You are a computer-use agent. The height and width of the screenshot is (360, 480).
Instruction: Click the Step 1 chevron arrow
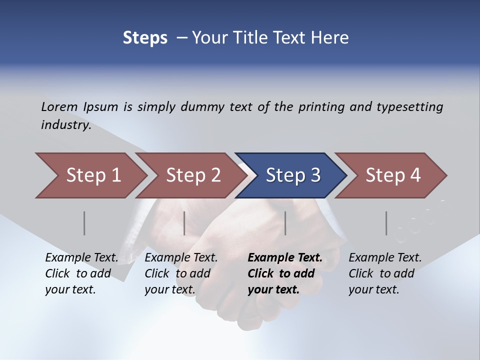(x=93, y=175)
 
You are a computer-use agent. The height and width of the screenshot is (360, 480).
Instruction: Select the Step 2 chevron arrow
(x=193, y=175)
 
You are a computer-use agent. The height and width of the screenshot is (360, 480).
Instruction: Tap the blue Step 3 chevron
(x=293, y=175)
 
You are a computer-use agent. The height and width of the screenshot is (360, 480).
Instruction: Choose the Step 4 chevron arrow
(x=393, y=175)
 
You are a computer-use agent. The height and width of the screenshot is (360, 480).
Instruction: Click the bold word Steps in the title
(x=145, y=38)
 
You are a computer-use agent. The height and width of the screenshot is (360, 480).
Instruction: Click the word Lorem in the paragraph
(x=59, y=107)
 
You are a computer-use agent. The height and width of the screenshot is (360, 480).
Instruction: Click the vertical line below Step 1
(x=84, y=223)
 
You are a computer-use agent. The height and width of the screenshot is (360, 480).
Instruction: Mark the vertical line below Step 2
(x=184, y=223)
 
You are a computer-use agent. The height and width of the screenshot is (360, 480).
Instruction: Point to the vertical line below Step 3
(x=285, y=223)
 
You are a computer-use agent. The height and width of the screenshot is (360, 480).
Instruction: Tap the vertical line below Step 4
(x=386, y=223)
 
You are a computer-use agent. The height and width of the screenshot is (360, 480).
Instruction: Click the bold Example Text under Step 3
(x=285, y=258)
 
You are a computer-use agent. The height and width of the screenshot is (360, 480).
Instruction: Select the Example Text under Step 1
(x=81, y=258)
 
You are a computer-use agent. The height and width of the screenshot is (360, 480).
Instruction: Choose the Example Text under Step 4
(x=385, y=258)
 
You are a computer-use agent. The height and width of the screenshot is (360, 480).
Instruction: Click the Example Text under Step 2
(x=181, y=258)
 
